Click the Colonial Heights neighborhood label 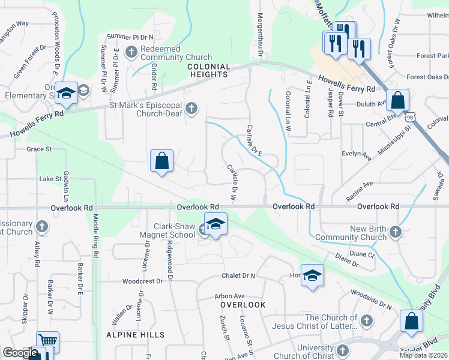[208, 70]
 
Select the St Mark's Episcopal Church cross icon [191, 108]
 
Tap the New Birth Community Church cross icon [395, 231]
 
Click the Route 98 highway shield [410, 113]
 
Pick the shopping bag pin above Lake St [161, 160]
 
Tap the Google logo [20, 353]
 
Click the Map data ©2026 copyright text [423, 355]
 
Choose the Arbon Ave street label [230, 296]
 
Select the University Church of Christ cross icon [343, 350]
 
